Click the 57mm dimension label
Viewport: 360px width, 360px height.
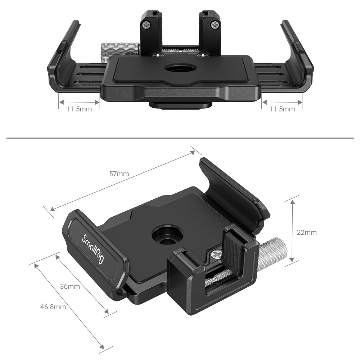pos(119,174)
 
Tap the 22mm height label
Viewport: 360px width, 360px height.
pos(307,233)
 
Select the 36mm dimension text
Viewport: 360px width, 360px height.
pos(70,287)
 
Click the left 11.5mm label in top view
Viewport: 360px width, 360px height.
pos(79,109)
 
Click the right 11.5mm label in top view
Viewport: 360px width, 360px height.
pos(282,109)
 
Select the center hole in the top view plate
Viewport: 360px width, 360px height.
pos(179,68)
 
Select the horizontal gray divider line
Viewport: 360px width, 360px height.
pos(180,138)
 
